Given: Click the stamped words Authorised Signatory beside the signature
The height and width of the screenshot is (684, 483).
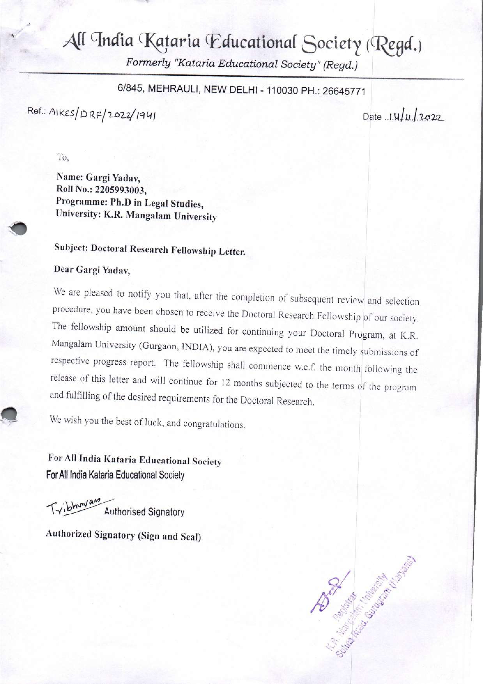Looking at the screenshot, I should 144,512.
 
